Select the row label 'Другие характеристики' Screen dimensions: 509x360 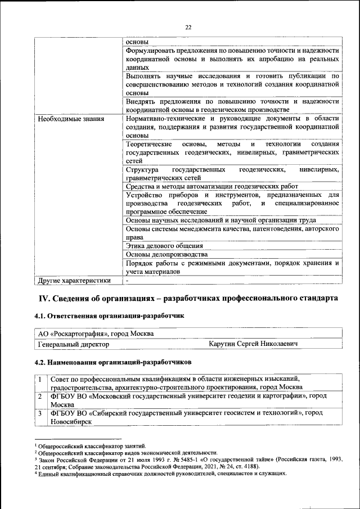pyautogui.click(x=74, y=280)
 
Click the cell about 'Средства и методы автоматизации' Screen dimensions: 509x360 pyautogui.click(x=211, y=186)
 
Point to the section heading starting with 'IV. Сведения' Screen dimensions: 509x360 pyautogui.click(x=188, y=298)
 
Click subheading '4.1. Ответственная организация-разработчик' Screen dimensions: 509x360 pyautogui.click(x=109, y=316)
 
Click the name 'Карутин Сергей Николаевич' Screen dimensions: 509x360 pyautogui.click(x=252, y=343)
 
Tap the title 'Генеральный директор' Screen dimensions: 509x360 pyautogui.click(x=73, y=343)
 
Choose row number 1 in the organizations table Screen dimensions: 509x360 pyautogui.click(x=41, y=379)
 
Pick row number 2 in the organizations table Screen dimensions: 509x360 pyautogui.click(x=41, y=396)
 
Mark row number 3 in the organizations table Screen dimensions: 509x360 pyautogui.click(x=41, y=413)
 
